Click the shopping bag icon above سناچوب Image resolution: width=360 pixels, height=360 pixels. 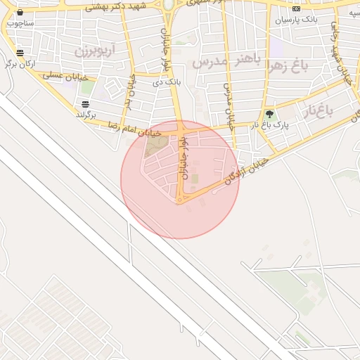pos(20,12)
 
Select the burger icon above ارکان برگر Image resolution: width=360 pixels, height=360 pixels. pos(20,53)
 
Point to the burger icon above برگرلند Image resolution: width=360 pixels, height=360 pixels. pos(86,104)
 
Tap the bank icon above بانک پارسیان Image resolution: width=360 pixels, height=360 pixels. pos(296,9)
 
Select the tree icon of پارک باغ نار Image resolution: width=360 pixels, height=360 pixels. pos(269,114)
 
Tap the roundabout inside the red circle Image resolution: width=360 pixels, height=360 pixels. pos(181,200)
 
